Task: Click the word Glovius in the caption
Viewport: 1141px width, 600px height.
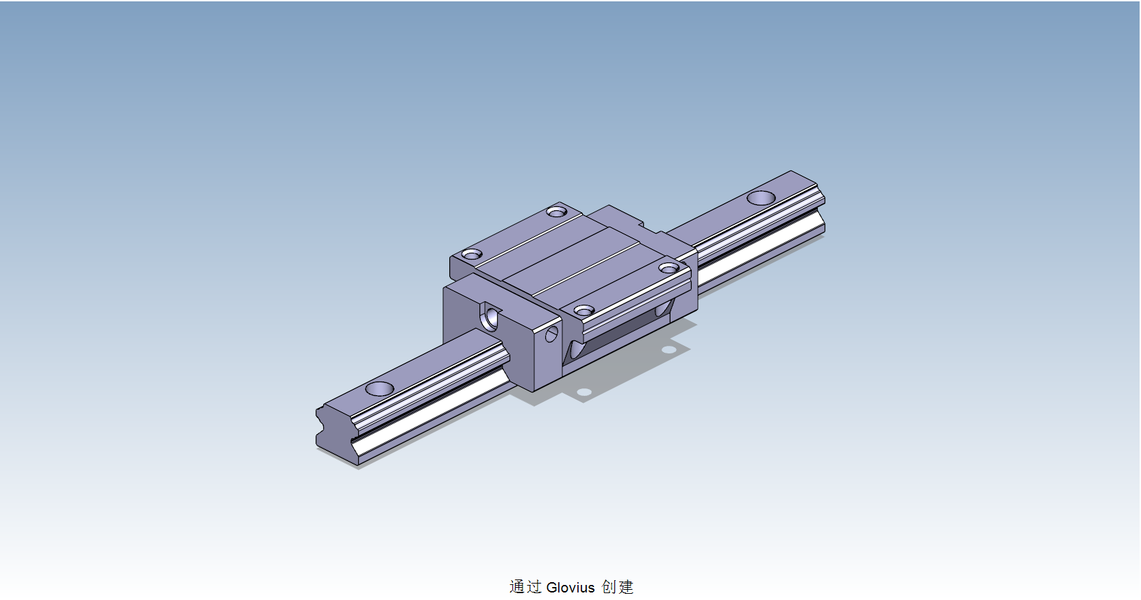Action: point(570,587)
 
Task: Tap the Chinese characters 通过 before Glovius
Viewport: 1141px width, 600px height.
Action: point(525,587)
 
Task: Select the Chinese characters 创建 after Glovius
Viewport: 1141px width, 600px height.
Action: point(618,587)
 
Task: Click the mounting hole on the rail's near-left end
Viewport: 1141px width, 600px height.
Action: point(379,389)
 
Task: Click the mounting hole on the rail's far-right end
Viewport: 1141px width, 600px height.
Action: point(761,198)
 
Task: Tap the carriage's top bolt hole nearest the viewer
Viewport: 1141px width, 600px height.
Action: point(584,311)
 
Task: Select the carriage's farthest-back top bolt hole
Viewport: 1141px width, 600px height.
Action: point(557,211)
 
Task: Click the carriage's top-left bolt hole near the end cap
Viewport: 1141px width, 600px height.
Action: point(471,255)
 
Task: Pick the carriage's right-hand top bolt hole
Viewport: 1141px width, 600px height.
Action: point(669,267)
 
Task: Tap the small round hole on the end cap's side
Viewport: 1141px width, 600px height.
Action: point(551,334)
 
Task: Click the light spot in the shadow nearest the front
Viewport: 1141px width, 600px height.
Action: point(584,392)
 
